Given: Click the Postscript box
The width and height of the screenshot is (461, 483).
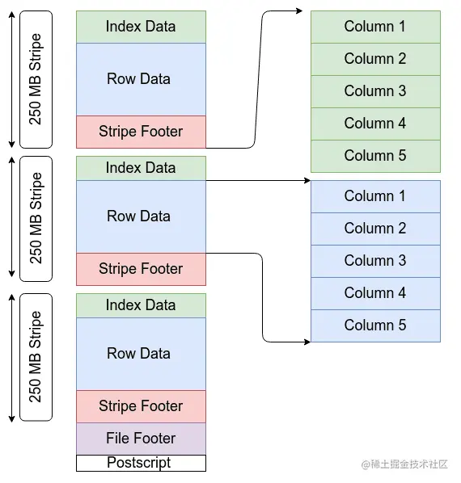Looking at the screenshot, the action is click(141, 463).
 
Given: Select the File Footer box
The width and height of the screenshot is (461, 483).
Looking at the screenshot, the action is click(141, 439).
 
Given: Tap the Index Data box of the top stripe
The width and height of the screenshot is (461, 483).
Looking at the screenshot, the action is click(141, 27).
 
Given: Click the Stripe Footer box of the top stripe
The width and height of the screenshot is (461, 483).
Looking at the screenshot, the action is click(141, 132).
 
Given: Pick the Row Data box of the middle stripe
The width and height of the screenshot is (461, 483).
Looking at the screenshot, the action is click(141, 216).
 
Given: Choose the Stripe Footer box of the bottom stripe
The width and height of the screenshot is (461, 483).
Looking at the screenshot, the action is click(141, 406).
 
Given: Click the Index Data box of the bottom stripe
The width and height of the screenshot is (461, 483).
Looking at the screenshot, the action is click(141, 305).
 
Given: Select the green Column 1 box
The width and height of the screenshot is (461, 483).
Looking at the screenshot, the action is click(375, 27).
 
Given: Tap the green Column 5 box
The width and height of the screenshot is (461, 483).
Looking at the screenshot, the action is click(375, 156).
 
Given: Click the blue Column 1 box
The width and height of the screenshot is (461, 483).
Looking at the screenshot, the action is click(375, 196).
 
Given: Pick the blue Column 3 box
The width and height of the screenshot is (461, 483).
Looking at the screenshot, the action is click(375, 261).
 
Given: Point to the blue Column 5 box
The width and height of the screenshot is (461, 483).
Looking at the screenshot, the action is click(375, 325).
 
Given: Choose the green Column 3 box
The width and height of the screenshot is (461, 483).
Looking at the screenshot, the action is click(375, 91).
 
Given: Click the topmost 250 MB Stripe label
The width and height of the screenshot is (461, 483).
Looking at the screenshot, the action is click(35, 79).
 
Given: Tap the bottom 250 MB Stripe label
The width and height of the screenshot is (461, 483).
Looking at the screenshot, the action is click(35, 357).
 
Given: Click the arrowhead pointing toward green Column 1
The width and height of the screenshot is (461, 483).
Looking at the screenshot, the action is click(299, 11).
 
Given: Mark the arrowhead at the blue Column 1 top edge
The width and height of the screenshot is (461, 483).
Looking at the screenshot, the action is click(307, 180).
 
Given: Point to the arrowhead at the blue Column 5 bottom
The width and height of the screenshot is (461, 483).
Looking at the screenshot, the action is click(307, 342).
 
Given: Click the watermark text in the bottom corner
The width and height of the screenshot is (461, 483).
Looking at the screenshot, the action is click(404, 464).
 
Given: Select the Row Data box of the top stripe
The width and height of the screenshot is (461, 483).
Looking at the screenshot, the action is click(141, 79).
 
